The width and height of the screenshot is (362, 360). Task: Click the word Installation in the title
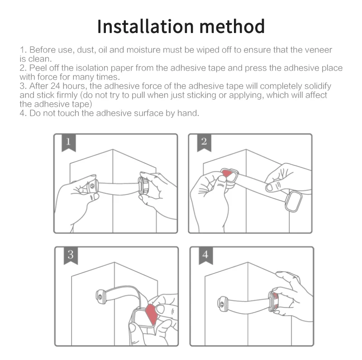145,27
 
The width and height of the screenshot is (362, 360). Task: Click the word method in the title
232,27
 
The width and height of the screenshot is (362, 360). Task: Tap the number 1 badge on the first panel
69,142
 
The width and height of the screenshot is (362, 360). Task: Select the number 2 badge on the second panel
204,142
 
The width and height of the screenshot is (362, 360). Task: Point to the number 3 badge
71,256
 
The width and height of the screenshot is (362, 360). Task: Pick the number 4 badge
206,256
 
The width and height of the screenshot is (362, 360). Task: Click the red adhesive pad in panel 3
152,314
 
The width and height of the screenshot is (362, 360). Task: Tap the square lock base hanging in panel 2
293,202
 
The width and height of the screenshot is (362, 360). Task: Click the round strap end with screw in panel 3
100,297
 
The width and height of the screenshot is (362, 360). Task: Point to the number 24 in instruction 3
55,86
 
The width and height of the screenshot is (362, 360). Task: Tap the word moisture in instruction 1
144,50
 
